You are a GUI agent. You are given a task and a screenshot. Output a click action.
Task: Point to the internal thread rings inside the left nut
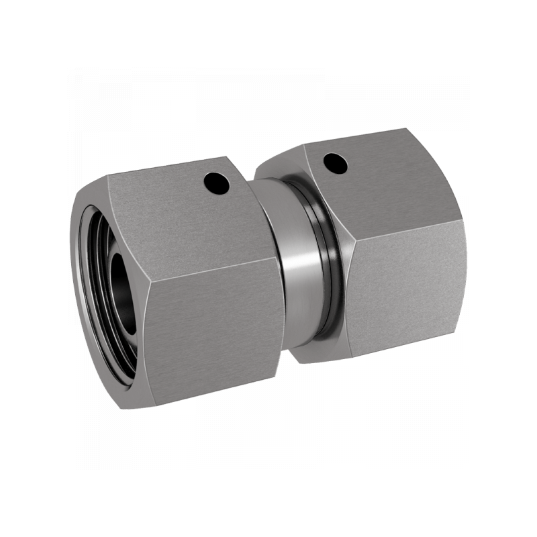94,268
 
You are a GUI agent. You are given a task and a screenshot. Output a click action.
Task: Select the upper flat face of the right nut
383,181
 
